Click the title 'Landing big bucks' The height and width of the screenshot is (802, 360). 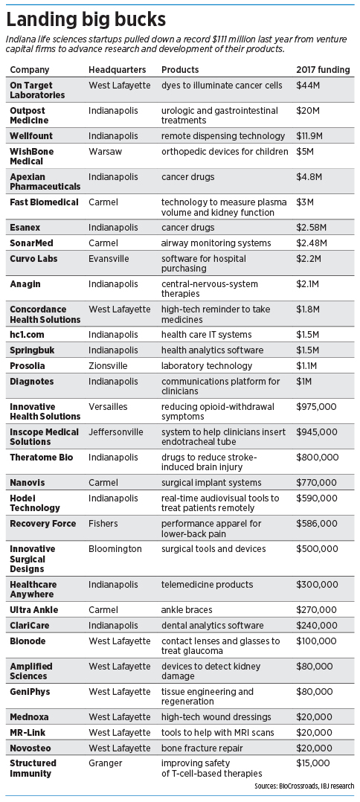coord(86,19)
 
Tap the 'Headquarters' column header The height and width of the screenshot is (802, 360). coord(117,70)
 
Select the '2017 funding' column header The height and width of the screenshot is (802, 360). coord(323,70)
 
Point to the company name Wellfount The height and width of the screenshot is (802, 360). coord(30,136)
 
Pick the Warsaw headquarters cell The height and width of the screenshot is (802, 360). coord(103,152)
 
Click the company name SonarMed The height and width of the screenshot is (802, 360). coord(32,243)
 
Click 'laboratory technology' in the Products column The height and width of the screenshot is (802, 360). coord(207,366)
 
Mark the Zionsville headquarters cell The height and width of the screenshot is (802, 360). coord(108,365)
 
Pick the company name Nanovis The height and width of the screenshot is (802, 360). coord(28,482)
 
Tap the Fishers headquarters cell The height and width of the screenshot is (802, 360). coord(103,523)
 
